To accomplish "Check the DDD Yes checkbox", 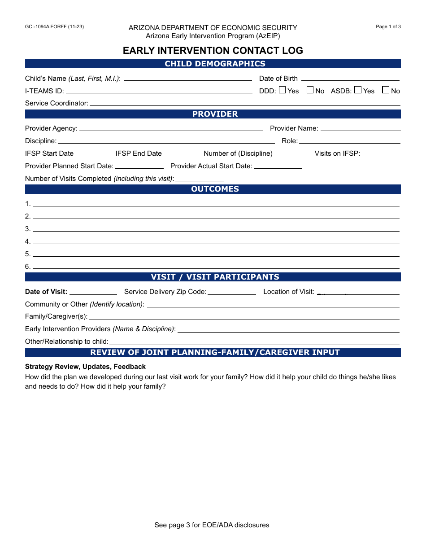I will [282, 90].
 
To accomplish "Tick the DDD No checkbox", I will [310, 90].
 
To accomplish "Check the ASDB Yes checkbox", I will [357, 90].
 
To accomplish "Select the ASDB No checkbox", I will [385, 90].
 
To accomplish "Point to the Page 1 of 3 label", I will [388, 26].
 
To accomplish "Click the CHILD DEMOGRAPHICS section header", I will [213, 64].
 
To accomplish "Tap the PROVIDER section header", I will [213, 114].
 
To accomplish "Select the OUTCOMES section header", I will [213, 189].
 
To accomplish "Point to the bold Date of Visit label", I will [46, 292].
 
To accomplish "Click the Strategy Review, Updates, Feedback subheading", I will [85, 367].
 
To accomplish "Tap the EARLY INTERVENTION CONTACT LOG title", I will [213, 50].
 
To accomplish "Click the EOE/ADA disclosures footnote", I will [212, 525].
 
